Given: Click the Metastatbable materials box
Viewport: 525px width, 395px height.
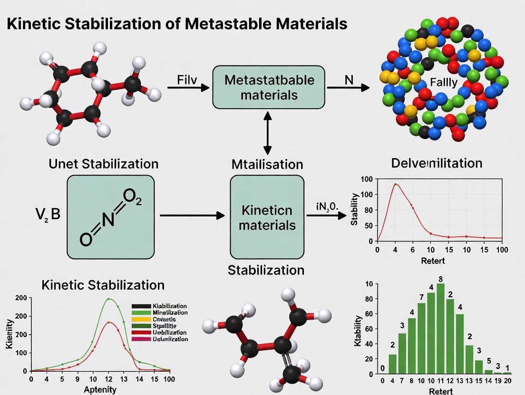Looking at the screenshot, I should click(x=268, y=87).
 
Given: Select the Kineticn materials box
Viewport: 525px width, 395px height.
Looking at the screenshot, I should click(x=267, y=217).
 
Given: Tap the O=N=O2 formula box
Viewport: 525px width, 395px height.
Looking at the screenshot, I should click(x=110, y=217).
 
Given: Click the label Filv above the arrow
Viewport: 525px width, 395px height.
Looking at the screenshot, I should click(x=187, y=79).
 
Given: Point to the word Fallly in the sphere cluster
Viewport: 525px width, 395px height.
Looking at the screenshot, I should click(x=443, y=82).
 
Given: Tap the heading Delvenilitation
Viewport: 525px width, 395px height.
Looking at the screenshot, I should click(x=436, y=163).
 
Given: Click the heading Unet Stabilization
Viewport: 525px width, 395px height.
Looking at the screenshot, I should click(x=103, y=164).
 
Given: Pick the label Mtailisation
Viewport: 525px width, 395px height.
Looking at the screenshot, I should click(x=267, y=164).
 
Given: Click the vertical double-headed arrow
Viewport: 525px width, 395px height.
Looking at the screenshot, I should click(x=268, y=133).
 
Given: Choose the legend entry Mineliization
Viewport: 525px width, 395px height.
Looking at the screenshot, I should click(x=170, y=312).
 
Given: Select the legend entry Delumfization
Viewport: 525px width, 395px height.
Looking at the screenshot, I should click(x=170, y=339).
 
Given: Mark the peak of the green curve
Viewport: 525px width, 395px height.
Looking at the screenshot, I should click(x=108, y=299).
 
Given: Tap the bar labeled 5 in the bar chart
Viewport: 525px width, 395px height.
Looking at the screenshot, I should click(x=488, y=371).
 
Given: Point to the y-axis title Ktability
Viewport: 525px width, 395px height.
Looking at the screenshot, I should click(x=359, y=329).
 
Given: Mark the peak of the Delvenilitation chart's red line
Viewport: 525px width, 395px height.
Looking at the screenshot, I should click(x=395, y=184).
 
